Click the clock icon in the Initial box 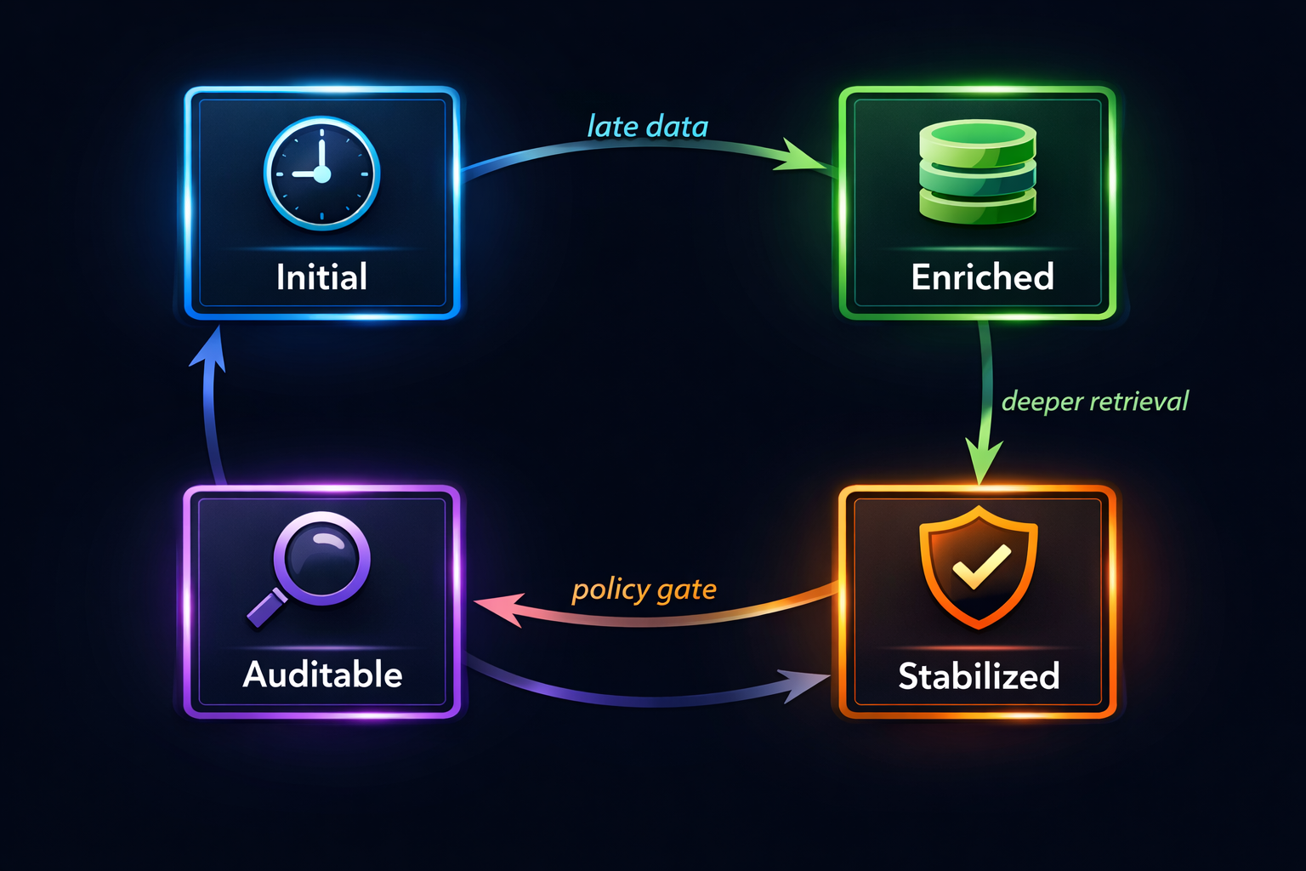(321, 174)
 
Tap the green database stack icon (978, 172)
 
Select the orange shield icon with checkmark (979, 566)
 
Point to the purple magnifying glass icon (311, 566)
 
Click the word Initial (321, 277)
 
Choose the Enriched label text (982, 277)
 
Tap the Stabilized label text (979, 676)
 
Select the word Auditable (322, 675)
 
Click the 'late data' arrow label (647, 127)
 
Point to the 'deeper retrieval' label (1094, 401)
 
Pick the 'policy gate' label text (644, 589)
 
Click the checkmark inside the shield (981, 565)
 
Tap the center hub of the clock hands (321, 174)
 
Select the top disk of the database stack (978, 136)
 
